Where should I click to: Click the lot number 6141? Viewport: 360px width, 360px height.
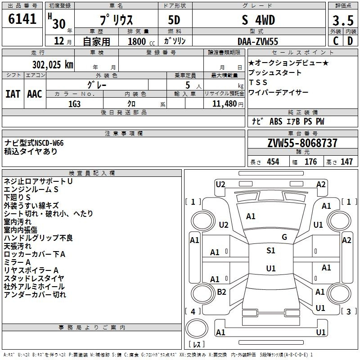(x=22, y=19)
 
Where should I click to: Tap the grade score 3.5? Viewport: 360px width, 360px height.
(x=343, y=20)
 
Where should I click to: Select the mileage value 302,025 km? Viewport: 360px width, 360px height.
(x=53, y=65)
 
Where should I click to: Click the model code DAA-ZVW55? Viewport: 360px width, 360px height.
(x=258, y=41)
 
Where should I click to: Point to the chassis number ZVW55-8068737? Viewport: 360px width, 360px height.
(x=302, y=143)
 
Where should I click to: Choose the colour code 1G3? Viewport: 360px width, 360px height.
(x=74, y=104)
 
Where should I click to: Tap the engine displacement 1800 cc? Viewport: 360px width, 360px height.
(x=141, y=41)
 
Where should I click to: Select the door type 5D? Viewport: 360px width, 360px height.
(x=174, y=20)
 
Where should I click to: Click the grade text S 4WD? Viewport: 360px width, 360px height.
(x=258, y=20)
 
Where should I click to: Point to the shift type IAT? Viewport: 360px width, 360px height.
(x=13, y=94)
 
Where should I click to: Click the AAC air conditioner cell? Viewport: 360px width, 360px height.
(x=35, y=94)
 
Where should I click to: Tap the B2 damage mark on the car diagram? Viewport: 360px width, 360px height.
(x=221, y=292)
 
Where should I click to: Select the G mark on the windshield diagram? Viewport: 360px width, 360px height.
(x=284, y=237)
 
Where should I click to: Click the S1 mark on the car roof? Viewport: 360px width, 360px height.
(x=271, y=251)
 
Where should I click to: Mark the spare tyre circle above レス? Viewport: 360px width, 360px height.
(x=197, y=328)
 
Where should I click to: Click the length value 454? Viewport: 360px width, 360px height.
(x=273, y=162)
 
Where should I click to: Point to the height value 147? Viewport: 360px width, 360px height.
(x=346, y=162)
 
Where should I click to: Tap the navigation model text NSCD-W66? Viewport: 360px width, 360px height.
(x=49, y=143)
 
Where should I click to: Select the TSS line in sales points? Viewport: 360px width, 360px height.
(x=258, y=82)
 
